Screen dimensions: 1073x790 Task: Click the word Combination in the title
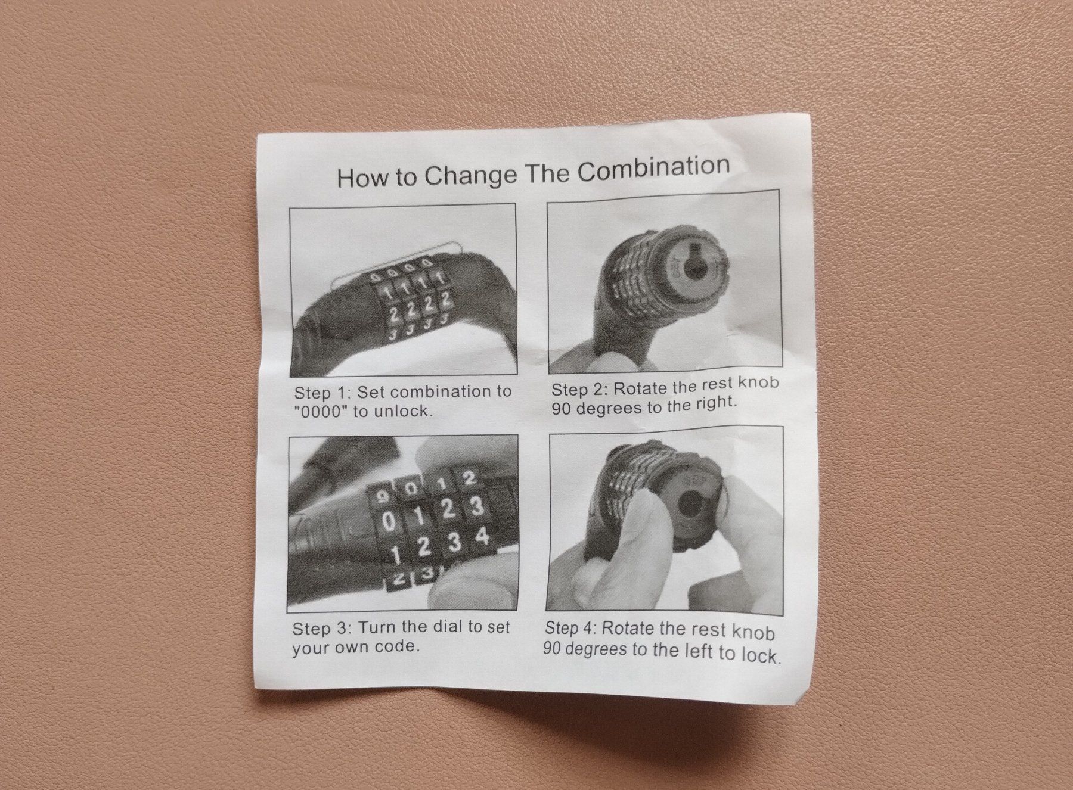[654, 169]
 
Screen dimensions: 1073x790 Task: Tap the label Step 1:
[322, 393]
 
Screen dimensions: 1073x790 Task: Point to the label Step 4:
[572, 629]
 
